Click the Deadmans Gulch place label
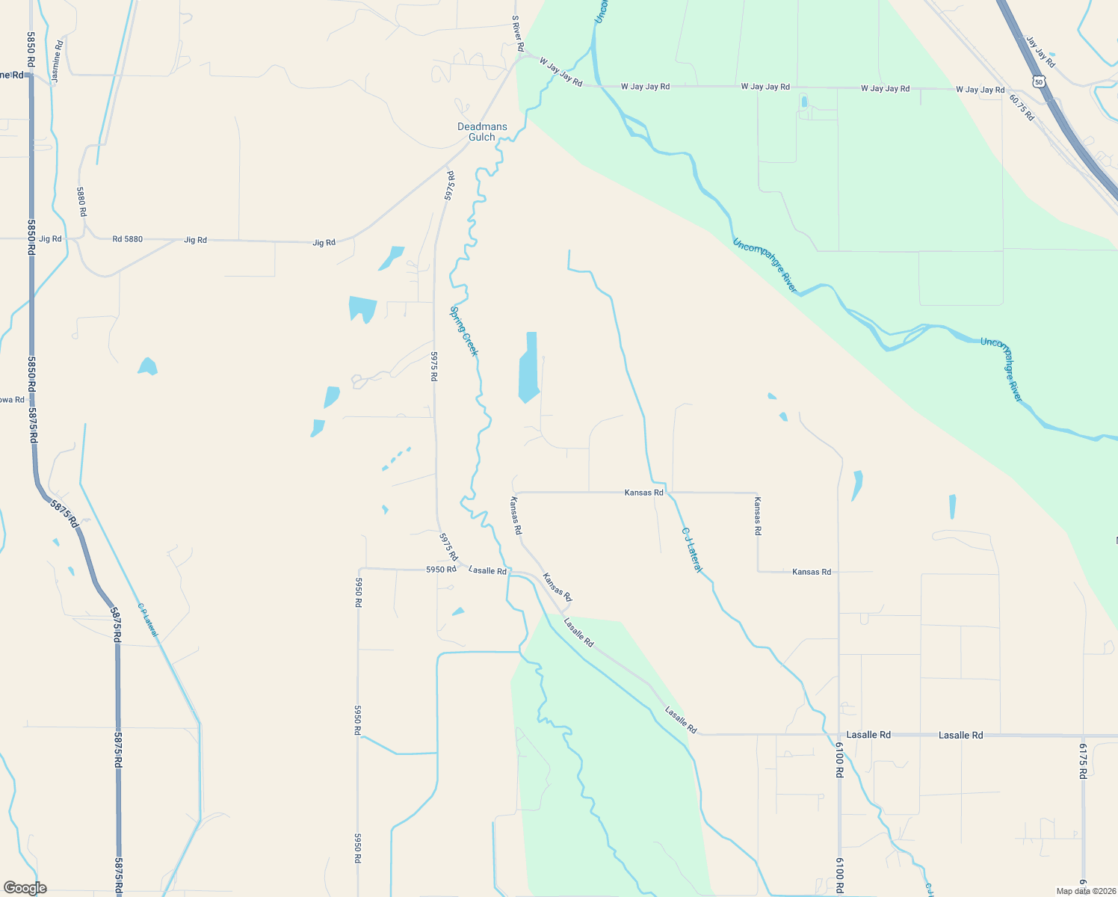(482, 132)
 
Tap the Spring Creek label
(463, 331)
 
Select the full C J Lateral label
(692, 550)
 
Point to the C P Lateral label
(148, 620)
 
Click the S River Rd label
(517, 34)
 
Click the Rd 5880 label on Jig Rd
(127, 239)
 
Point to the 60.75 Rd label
(1022, 107)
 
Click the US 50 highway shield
(1039, 81)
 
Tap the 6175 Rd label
(1082, 760)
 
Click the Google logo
(25, 888)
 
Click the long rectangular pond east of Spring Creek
(528, 368)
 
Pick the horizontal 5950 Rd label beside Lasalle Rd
(441, 570)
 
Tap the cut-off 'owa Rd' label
(12, 400)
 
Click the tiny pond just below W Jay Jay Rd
(804, 102)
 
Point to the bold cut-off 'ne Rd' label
(12, 75)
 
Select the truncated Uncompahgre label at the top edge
(599, 11)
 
